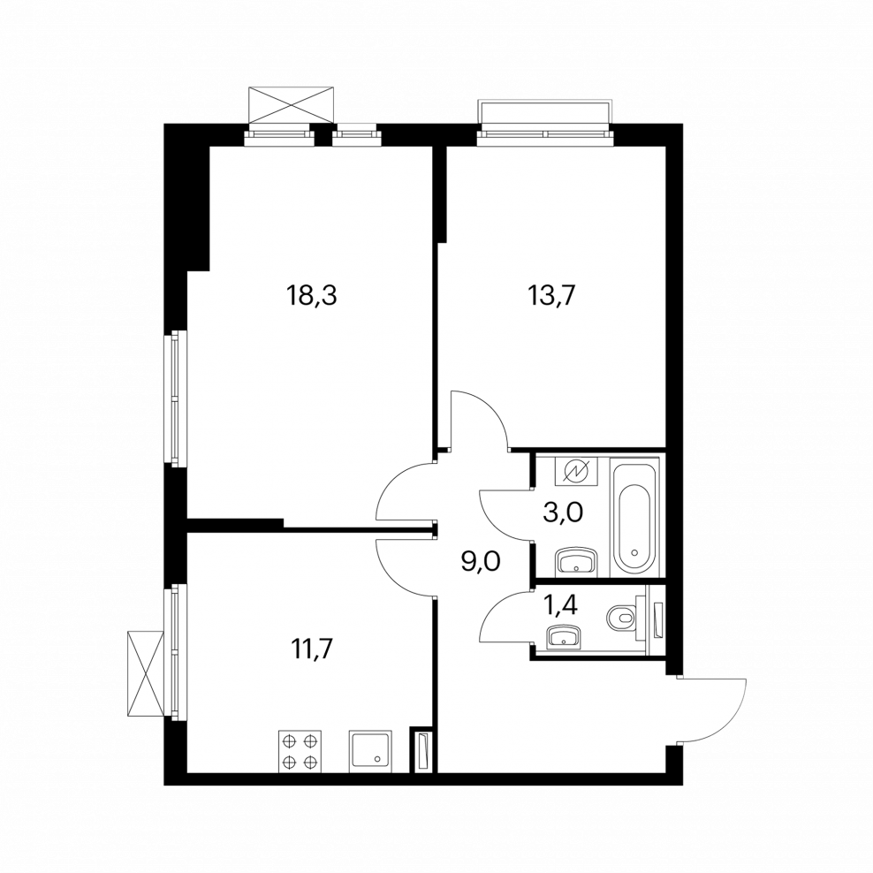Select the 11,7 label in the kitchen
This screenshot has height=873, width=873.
313,650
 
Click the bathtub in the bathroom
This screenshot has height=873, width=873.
634,512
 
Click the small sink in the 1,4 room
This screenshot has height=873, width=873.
564,636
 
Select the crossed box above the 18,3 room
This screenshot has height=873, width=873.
292,106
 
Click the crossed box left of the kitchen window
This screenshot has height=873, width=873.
146,672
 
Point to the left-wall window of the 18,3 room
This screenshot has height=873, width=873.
177,399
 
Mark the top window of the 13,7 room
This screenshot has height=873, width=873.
544,124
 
